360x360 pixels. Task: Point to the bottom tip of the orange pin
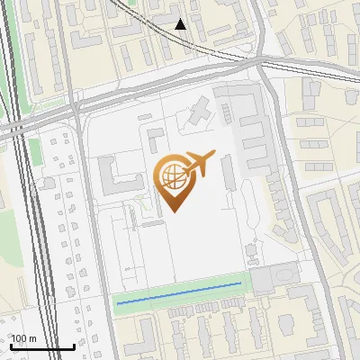tap(175, 211)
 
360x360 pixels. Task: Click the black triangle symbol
tap(181, 24)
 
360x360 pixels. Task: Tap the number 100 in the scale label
tap(19, 339)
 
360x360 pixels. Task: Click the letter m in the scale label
tap(31, 339)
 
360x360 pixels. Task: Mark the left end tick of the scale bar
tap(10, 346)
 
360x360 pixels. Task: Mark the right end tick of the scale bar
tap(74, 346)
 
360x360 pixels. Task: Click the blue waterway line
tap(180, 293)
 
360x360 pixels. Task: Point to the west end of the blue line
tap(118, 303)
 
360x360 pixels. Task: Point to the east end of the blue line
tap(241, 283)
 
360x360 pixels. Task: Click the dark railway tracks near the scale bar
tap(40, 270)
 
